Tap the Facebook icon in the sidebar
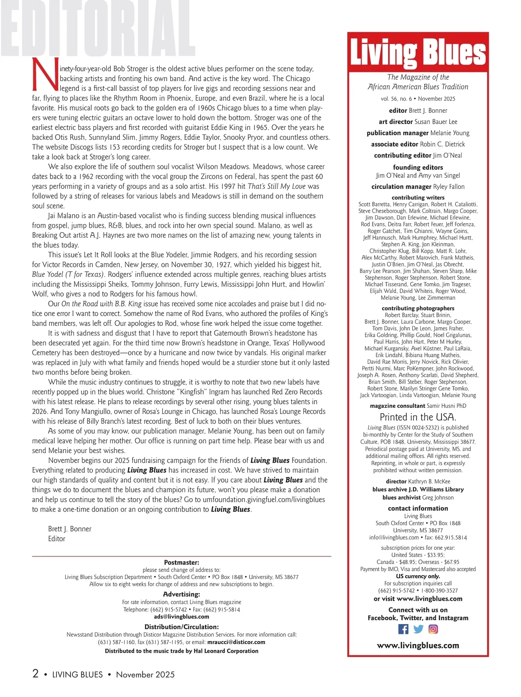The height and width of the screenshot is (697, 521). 403,629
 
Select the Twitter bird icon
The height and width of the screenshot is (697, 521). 418,629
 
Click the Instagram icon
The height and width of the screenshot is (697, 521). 433,629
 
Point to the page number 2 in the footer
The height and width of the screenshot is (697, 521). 36,674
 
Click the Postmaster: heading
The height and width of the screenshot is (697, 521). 181,562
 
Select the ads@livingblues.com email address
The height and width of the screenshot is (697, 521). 181,616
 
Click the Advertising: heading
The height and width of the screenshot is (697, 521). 181,595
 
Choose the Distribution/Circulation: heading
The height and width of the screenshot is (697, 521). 181,627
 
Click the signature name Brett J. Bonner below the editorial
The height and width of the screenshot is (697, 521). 69,529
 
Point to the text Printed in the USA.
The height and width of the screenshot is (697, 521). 418,417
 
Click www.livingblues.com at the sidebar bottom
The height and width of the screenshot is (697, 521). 418,645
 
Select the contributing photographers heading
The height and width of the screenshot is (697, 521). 418,308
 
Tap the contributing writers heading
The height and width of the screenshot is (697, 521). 418,197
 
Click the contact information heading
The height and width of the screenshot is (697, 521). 418,508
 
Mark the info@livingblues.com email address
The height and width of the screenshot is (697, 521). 394,537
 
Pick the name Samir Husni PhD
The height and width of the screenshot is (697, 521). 446,406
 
